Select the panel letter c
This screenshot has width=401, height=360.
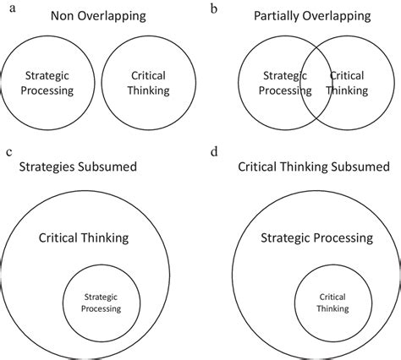pos(8,152)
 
